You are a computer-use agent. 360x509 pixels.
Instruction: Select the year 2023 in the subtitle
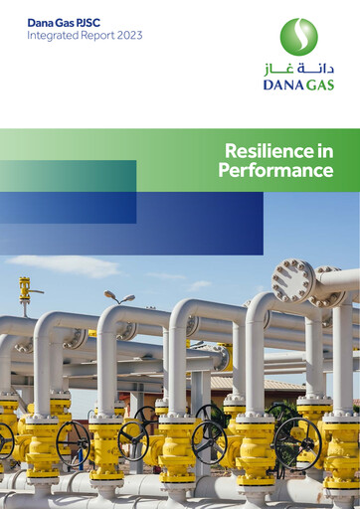coord(128,35)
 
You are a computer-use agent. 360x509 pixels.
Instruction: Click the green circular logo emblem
coord(298,37)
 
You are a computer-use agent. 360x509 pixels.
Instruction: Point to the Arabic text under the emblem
coord(298,69)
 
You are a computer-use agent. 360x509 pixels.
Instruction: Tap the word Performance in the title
coord(275,170)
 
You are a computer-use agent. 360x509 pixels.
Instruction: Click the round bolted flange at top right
coord(293,280)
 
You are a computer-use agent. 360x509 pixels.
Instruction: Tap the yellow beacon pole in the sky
coord(24,291)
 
